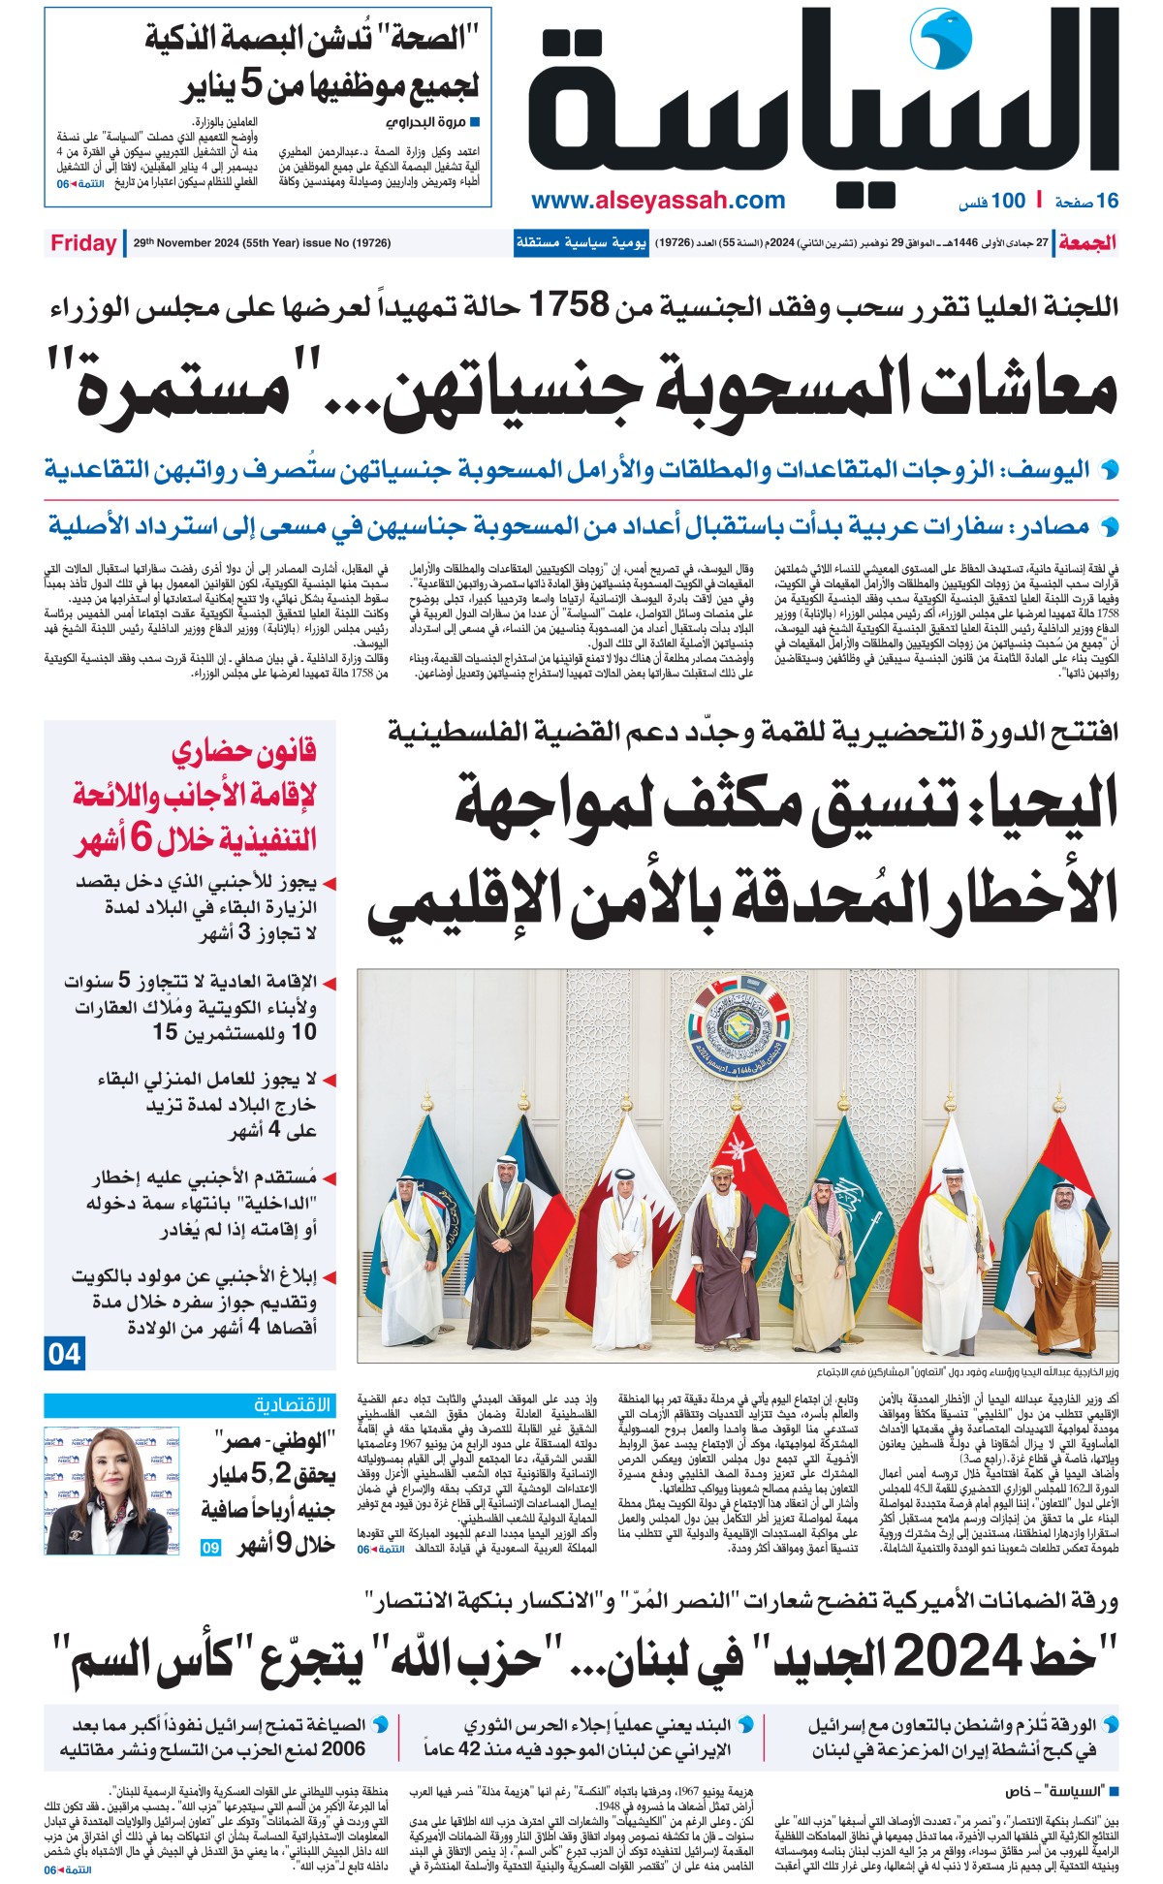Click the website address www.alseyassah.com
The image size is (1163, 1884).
click(x=658, y=201)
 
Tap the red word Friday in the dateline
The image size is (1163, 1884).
click(x=83, y=243)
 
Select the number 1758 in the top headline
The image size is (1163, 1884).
click(x=568, y=306)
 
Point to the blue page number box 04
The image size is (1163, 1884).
click(x=64, y=1353)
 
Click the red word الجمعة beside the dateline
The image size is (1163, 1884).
click(x=1086, y=243)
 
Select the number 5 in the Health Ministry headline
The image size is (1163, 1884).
click(x=251, y=87)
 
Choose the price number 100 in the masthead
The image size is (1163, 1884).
click(x=1008, y=201)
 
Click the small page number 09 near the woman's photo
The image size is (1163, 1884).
click(x=210, y=1548)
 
